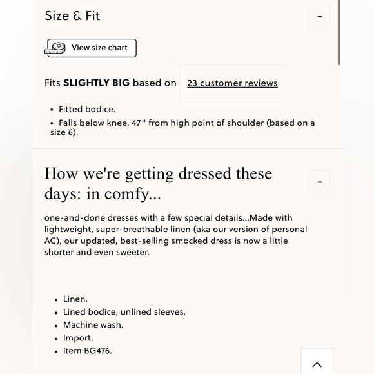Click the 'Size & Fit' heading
72,16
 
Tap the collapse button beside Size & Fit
319,17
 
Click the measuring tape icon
56,48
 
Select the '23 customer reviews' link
232,83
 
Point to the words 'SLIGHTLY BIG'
96,83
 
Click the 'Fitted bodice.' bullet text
87,110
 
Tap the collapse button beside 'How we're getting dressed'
319,182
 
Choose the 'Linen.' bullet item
75,299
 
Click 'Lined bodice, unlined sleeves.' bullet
124,312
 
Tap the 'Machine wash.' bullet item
93,325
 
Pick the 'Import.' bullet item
78,338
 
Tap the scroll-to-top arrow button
317,364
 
